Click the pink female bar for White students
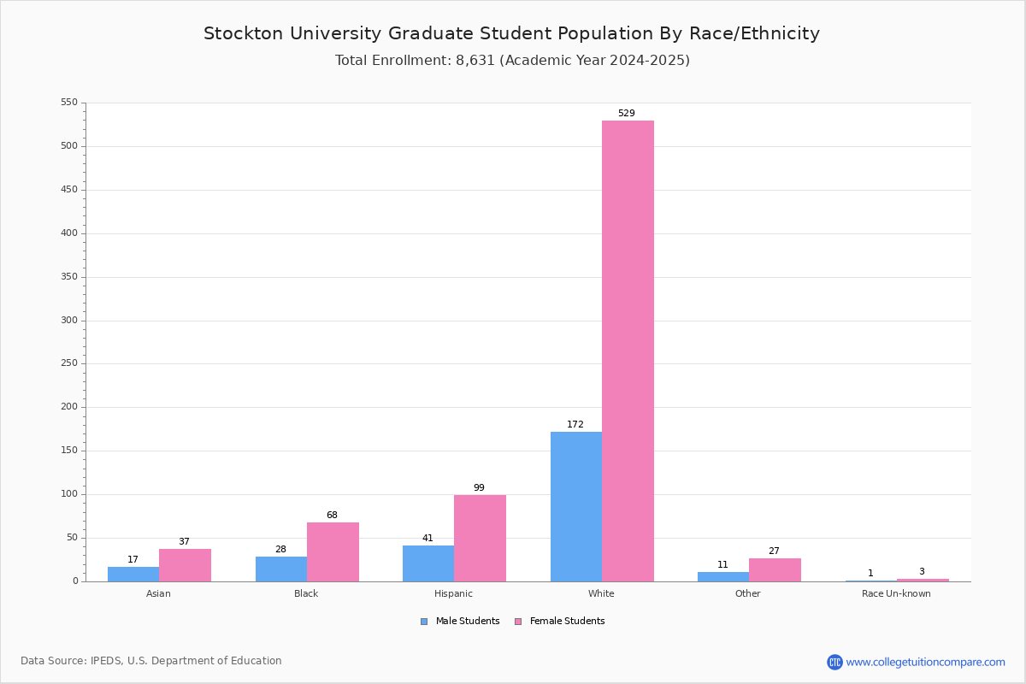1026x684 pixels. coord(628,351)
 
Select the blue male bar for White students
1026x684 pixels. coord(576,506)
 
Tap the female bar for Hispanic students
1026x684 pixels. coord(480,538)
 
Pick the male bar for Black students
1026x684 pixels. coord(281,569)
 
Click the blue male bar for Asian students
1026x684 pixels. coord(133,574)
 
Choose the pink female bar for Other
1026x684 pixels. coord(775,569)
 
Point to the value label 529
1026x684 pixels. coord(627,114)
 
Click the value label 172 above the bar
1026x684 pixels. coord(575,425)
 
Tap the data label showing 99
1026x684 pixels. coord(479,488)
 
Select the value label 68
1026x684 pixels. coord(332,516)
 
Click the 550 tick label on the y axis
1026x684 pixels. coord(68,103)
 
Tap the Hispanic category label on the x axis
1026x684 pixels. coord(453,594)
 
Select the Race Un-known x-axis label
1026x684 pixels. coord(896,594)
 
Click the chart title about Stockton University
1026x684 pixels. coord(511,34)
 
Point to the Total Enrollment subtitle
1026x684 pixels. coord(512,61)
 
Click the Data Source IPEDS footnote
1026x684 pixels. coord(151,661)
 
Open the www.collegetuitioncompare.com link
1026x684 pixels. coord(925,662)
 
